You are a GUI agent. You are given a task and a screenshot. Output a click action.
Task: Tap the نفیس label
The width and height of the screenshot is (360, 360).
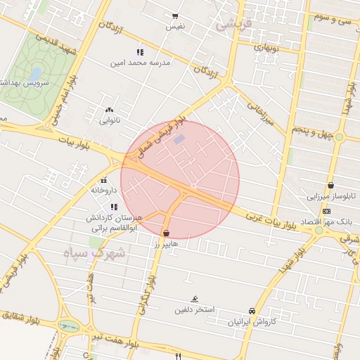[175, 26]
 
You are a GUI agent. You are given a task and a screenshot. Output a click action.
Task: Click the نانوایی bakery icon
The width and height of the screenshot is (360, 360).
[108, 110]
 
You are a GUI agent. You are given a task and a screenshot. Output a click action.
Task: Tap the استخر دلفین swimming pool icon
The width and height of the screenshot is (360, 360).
[195, 300]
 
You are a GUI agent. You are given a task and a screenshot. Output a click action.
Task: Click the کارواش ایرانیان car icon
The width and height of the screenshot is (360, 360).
[252, 311]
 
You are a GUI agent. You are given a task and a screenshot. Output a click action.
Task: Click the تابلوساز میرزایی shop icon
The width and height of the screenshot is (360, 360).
[330, 186]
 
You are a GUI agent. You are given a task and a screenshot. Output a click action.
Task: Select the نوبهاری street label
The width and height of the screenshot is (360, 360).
[266, 49]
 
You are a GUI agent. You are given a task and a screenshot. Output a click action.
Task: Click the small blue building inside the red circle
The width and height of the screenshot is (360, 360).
[179, 139]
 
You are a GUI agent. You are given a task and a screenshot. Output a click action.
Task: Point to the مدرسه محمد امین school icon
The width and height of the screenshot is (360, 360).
[139, 52]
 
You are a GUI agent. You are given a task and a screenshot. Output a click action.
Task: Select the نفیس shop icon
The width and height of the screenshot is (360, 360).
[175, 15]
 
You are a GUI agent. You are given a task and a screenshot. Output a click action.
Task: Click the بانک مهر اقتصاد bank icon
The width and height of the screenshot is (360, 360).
[326, 211]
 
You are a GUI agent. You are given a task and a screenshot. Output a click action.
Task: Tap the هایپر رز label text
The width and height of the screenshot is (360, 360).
[167, 243]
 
